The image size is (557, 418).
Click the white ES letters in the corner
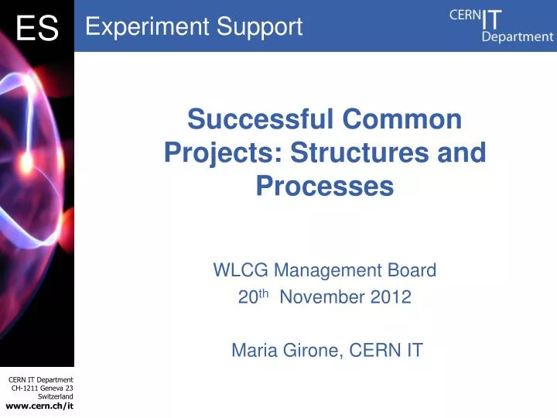coord(36,29)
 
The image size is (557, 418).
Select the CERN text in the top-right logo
coord(465,15)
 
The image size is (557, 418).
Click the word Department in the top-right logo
coord(517,36)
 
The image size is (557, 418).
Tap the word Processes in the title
coord(325,186)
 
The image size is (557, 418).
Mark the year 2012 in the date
coord(391,297)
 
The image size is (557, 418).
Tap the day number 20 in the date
coord(247,297)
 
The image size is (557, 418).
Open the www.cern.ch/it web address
coord(39,406)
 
